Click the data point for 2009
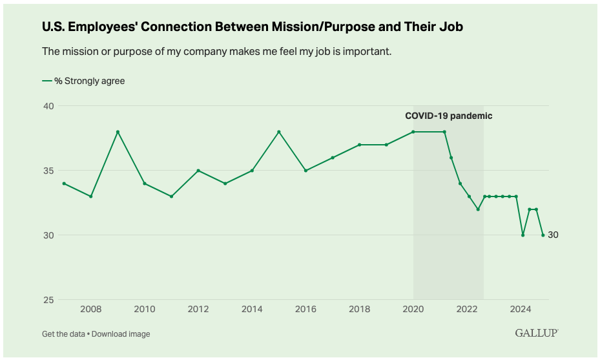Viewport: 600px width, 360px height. point(118,132)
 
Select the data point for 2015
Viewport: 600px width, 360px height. point(279,132)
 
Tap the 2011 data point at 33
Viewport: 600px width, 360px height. point(171,196)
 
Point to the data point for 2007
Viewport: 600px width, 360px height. point(64,184)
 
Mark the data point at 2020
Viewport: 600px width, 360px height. point(413,132)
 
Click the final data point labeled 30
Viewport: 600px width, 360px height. point(543,235)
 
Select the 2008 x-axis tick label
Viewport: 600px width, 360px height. point(90,309)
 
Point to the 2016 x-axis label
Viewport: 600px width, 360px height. point(305,309)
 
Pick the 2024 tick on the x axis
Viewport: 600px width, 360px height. point(521,309)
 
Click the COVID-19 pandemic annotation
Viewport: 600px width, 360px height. point(448,116)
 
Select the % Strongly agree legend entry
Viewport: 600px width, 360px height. point(84,81)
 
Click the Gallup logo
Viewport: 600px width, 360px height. point(536,333)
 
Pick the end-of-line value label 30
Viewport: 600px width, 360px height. point(553,235)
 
